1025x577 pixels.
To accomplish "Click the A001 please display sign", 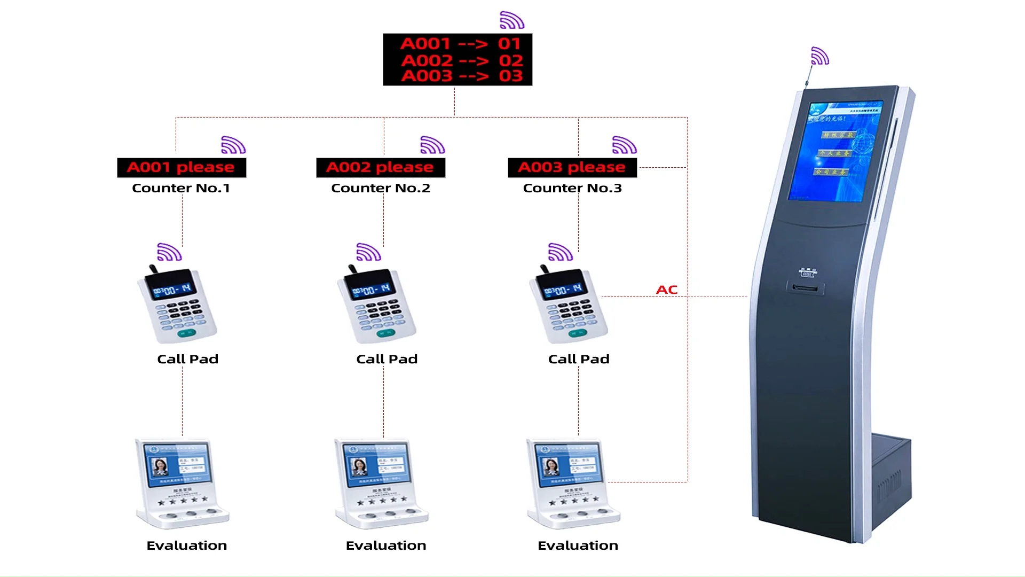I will pyautogui.click(x=182, y=168).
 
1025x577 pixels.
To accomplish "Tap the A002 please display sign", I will pyautogui.click(x=381, y=168).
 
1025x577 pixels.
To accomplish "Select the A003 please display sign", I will pyautogui.click(x=572, y=168).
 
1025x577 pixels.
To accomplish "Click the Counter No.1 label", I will pyautogui.click(x=181, y=188).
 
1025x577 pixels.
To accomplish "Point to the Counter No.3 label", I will pyautogui.click(x=572, y=188).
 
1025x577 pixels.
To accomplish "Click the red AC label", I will pyautogui.click(x=667, y=290).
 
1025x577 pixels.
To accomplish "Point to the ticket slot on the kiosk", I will pyautogui.click(x=805, y=288).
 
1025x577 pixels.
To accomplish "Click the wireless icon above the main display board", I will pyautogui.click(x=512, y=20).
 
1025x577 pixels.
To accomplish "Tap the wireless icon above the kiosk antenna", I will pyautogui.click(x=819, y=56).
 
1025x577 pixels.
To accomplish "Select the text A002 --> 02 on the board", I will pyautogui.click(x=462, y=60).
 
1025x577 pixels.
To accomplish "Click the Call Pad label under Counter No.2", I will pyautogui.click(x=387, y=359).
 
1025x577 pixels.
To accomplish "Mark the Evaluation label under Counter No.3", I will pyautogui.click(x=578, y=545).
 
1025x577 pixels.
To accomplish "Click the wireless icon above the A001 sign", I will pyautogui.click(x=233, y=145).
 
